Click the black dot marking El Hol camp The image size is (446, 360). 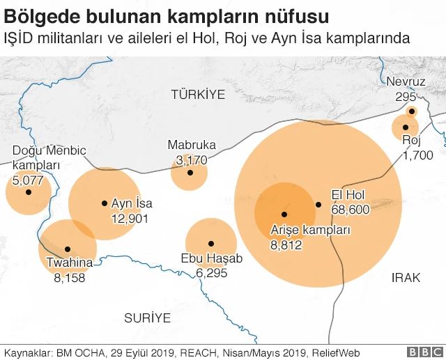click(x=318, y=205)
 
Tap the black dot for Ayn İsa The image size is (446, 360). click(x=105, y=203)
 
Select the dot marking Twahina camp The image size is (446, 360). click(x=68, y=249)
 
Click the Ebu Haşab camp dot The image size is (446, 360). click(x=211, y=243)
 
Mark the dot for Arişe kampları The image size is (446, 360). click(x=284, y=214)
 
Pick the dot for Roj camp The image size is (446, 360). click(x=405, y=127)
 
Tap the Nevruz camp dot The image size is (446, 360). click(x=412, y=111)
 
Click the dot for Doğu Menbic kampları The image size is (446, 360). click(x=29, y=191)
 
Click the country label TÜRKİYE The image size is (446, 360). click(x=199, y=94)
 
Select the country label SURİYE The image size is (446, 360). click(x=147, y=318)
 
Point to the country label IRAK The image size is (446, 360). click(x=406, y=278)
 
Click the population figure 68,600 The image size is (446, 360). click(x=350, y=210)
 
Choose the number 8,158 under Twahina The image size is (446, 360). click(x=70, y=277)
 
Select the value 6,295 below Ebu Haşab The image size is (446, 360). click(x=213, y=273)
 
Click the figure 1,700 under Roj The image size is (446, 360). click(x=417, y=155)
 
